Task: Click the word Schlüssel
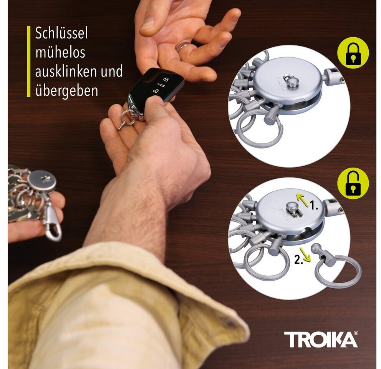click(x=61, y=33)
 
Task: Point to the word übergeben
click(x=66, y=90)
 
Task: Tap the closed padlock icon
click(x=353, y=53)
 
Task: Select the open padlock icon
click(x=353, y=183)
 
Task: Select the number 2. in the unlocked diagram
click(x=299, y=260)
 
